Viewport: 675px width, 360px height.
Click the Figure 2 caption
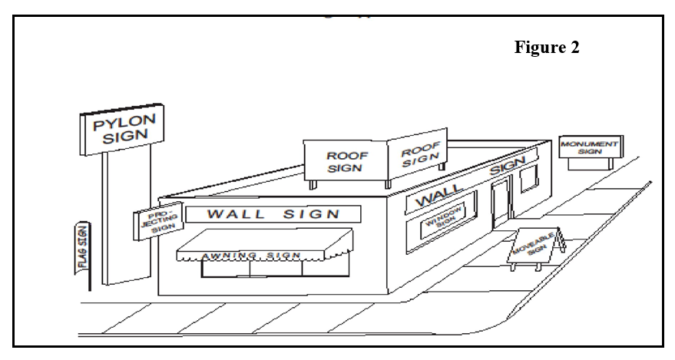546,48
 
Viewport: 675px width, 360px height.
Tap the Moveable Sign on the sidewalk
538,243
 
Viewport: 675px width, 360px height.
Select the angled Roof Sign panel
419,153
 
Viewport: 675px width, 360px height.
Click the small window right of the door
529,180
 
